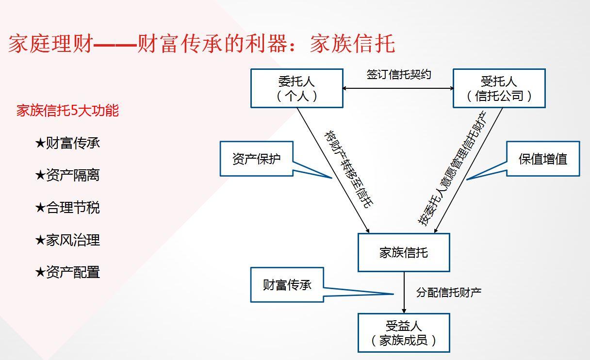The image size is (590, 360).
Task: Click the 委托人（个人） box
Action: (296, 88)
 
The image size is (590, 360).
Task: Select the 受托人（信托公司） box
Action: (499, 88)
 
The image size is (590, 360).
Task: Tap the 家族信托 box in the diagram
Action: (403, 252)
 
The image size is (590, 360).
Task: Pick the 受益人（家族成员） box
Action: (403, 333)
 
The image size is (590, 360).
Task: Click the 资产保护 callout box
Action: (257, 159)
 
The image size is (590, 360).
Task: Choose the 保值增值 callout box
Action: (543, 159)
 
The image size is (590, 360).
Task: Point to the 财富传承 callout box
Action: (287, 285)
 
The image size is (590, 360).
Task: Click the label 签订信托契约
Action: (398, 75)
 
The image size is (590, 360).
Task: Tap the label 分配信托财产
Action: (449, 292)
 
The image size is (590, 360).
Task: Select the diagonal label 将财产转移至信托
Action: (348, 169)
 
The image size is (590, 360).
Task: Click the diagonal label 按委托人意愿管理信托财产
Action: (452, 169)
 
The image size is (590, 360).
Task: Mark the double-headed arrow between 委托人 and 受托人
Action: (398, 88)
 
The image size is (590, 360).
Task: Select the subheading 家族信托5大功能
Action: (67, 111)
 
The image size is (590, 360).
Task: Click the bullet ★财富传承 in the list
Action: (67, 143)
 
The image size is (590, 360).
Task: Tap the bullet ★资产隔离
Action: (67, 175)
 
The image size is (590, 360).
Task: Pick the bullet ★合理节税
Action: (67, 208)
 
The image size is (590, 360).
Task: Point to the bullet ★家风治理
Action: (67, 240)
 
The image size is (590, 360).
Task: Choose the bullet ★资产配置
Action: (67, 272)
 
